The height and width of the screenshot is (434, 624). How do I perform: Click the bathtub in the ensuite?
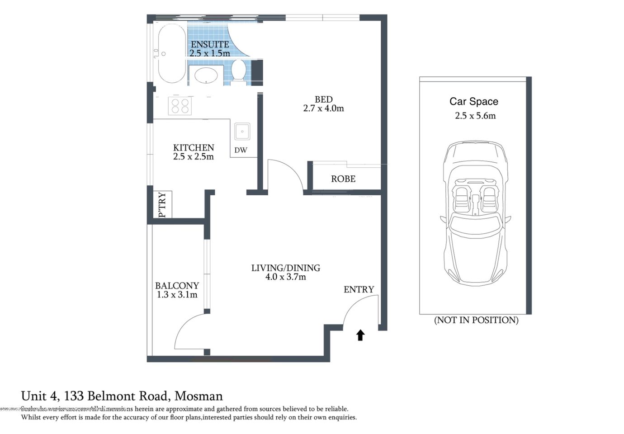click(x=171, y=53)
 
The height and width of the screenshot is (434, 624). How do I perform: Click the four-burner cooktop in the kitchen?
click(x=180, y=106)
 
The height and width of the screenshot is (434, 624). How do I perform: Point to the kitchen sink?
click(x=242, y=132)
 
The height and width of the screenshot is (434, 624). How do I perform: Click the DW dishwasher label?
click(x=241, y=150)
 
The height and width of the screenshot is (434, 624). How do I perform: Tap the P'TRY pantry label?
click(x=162, y=205)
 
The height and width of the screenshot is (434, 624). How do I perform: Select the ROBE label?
click(x=343, y=179)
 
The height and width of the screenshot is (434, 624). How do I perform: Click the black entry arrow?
click(x=360, y=335)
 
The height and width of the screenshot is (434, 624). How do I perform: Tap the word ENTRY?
click(x=359, y=289)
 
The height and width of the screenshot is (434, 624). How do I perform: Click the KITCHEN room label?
click(x=194, y=148)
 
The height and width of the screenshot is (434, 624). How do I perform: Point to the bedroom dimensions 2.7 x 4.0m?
click(x=323, y=108)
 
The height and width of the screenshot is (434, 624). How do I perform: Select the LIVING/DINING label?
click(x=285, y=268)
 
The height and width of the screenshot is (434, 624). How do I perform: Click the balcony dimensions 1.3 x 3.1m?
click(x=177, y=295)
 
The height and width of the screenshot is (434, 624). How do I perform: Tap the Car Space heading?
click(x=473, y=102)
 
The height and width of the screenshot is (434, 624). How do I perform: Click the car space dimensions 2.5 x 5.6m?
click(x=475, y=116)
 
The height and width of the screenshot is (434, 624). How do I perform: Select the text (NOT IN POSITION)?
click(x=476, y=320)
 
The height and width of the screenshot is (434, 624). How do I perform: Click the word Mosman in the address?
click(x=199, y=396)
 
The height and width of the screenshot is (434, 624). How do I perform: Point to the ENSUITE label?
click(x=209, y=44)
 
